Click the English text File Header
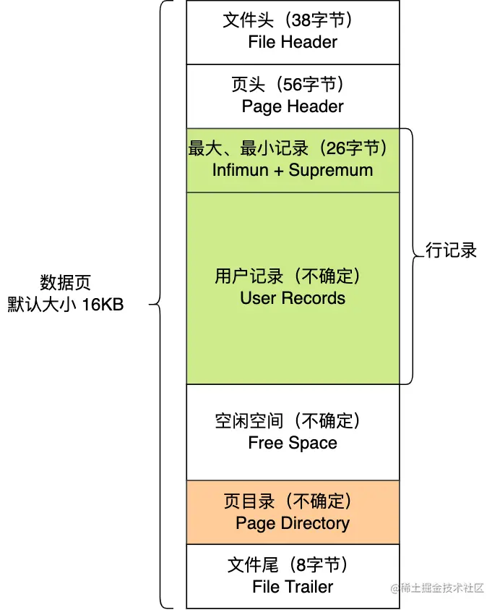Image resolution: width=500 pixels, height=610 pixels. click(x=293, y=42)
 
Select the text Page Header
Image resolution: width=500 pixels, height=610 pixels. click(x=293, y=106)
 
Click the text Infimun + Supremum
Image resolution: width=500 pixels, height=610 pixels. click(x=293, y=170)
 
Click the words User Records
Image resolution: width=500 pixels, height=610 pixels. click(x=293, y=298)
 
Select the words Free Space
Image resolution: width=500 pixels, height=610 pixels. click(x=293, y=443)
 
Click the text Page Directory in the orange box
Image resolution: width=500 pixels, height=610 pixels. click(x=293, y=523)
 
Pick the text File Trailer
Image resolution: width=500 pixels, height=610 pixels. click(x=293, y=587)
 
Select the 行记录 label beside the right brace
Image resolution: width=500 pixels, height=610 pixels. click(x=452, y=251)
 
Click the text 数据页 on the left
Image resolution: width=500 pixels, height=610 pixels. click(x=65, y=282)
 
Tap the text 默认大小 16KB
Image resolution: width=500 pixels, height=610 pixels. click(x=65, y=305)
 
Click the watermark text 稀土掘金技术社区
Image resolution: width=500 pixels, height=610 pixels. click(x=442, y=588)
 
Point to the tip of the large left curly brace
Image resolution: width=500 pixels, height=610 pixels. click(x=152, y=305)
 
